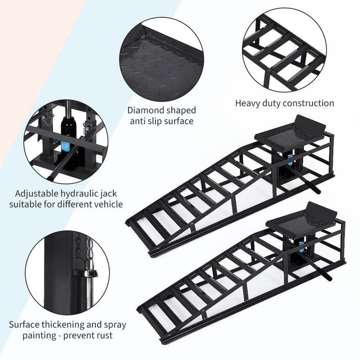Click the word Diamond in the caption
tap(144, 110)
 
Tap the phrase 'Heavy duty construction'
tap(284, 103)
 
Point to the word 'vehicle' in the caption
tap(108, 204)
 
